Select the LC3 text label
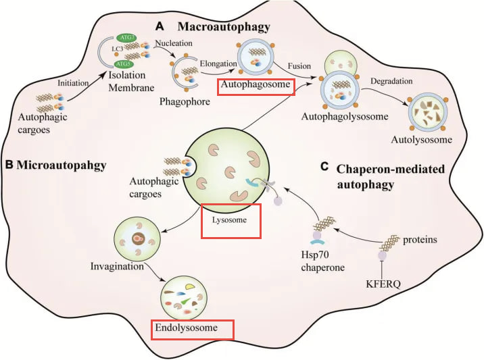click(x=118, y=49)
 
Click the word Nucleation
click(x=174, y=43)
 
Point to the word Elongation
click(x=218, y=64)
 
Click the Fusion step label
click(x=299, y=66)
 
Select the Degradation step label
click(x=391, y=81)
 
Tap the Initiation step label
click(x=73, y=83)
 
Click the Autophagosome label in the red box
click(x=256, y=84)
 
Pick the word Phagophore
click(x=185, y=102)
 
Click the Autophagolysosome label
click(x=345, y=117)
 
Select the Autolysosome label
click(x=421, y=140)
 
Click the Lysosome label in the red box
click(x=229, y=220)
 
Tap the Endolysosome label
click(x=186, y=328)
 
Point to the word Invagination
click(x=117, y=266)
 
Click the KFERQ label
click(x=383, y=284)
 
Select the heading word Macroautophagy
click(x=224, y=27)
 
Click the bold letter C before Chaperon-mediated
click(x=324, y=167)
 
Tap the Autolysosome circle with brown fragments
click(x=428, y=114)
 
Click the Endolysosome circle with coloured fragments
click(x=184, y=298)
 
